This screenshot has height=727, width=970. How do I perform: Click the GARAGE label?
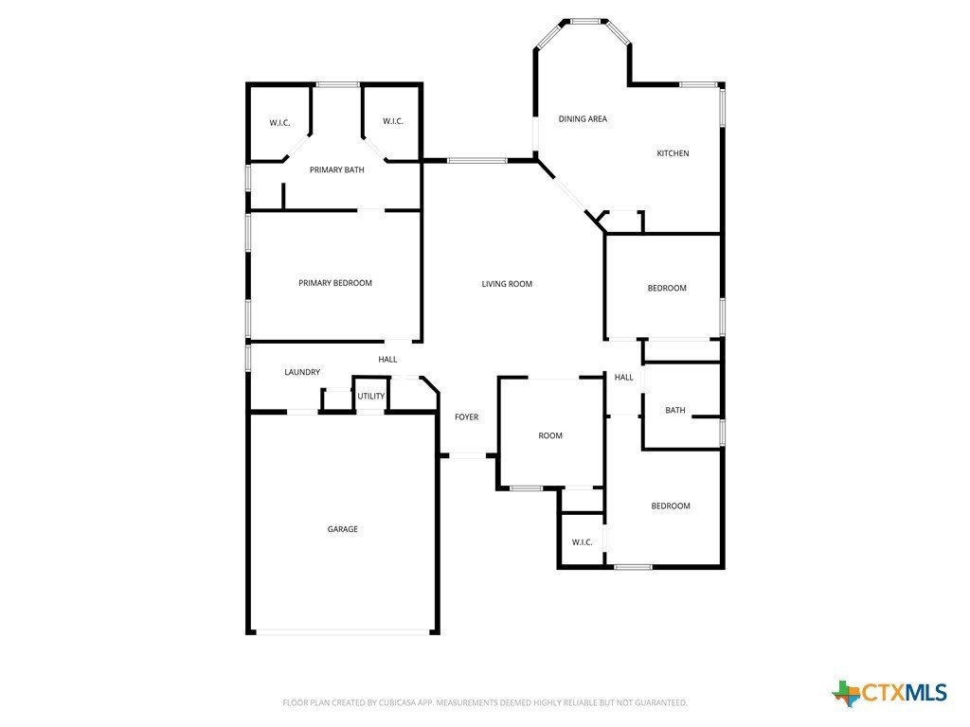[x=342, y=529]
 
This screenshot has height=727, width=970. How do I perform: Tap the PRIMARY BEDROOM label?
[x=335, y=283]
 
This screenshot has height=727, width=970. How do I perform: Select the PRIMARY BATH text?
[x=336, y=170]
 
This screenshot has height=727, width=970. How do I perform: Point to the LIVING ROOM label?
[x=507, y=284]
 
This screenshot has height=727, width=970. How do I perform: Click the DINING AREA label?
[x=583, y=118]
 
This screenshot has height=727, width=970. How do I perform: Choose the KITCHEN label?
[x=673, y=153]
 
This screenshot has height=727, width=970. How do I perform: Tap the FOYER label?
[x=466, y=417]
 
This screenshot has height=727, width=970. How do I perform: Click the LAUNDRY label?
[x=302, y=372]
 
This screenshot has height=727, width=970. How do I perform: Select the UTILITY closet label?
[x=371, y=397]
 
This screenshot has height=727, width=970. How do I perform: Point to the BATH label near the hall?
[x=674, y=411]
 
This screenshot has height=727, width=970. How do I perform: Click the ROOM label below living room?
[x=550, y=435]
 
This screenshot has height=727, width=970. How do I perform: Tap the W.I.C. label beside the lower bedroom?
[x=583, y=542]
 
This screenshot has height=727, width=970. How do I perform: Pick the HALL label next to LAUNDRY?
[x=387, y=360]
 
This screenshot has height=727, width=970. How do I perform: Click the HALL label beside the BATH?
[x=623, y=378]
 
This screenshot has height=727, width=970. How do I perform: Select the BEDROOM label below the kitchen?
[x=667, y=288]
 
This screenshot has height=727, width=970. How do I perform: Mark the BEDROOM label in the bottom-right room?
[x=671, y=506]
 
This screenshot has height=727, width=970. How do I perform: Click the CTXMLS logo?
[x=889, y=693]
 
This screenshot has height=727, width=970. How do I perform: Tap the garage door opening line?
[x=343, y=631]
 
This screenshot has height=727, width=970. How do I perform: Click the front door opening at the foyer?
[x=467, y=456]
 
